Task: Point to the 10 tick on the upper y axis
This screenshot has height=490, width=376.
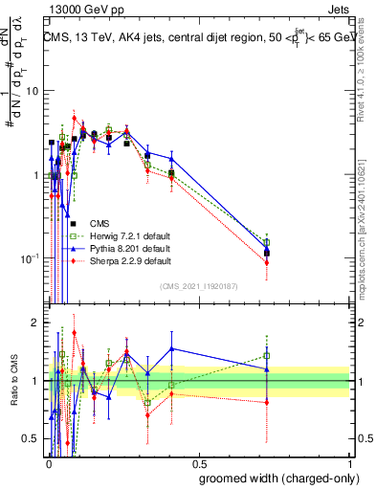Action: tap(32, 91)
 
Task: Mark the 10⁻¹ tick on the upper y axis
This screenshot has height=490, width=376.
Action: tap(29, 258)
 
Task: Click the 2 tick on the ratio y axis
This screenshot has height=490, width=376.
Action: tap(35, 323)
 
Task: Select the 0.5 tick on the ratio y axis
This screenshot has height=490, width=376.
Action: tap(30, 439)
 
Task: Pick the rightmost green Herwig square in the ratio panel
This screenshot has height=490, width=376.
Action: tap(267, 356)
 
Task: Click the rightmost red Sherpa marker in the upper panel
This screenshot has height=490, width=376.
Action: tap(267, 262)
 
